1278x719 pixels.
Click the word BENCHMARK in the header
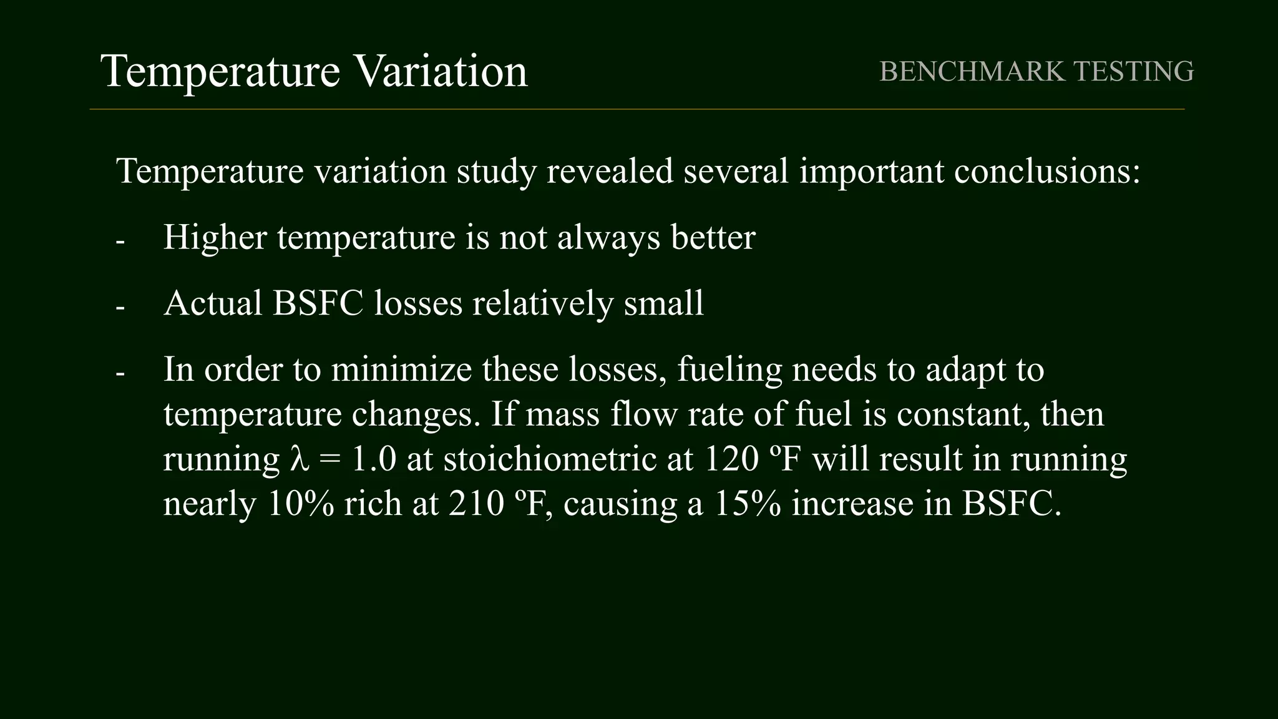point(972,71)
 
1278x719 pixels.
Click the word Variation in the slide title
point(441,71)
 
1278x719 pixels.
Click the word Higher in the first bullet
point(215,237)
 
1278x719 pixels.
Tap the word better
point(713,237)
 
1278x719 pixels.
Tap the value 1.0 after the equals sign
point(374,459)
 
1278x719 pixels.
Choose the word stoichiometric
point(550,459)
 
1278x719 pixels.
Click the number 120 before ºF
point(732,459)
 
